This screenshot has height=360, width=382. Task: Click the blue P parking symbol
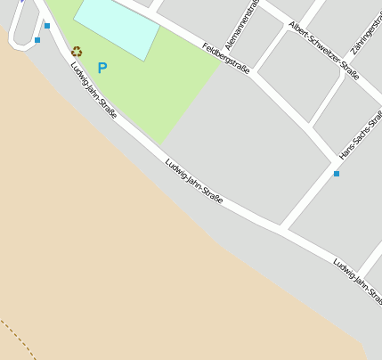click(x=102, y=67)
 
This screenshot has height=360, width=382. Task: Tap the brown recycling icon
click(x=77, y=52)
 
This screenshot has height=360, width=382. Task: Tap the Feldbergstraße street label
click(x=226, y=58)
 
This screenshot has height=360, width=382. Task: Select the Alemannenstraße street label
click(x=241, y=25)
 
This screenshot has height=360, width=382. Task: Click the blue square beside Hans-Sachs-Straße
click(x=337, y=173)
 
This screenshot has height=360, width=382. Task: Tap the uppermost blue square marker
click(x=47, y=25)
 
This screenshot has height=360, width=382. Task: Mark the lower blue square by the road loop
click(x=37, y=40)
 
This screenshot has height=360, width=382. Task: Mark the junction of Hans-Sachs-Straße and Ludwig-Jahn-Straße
click(x=283, y=229)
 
